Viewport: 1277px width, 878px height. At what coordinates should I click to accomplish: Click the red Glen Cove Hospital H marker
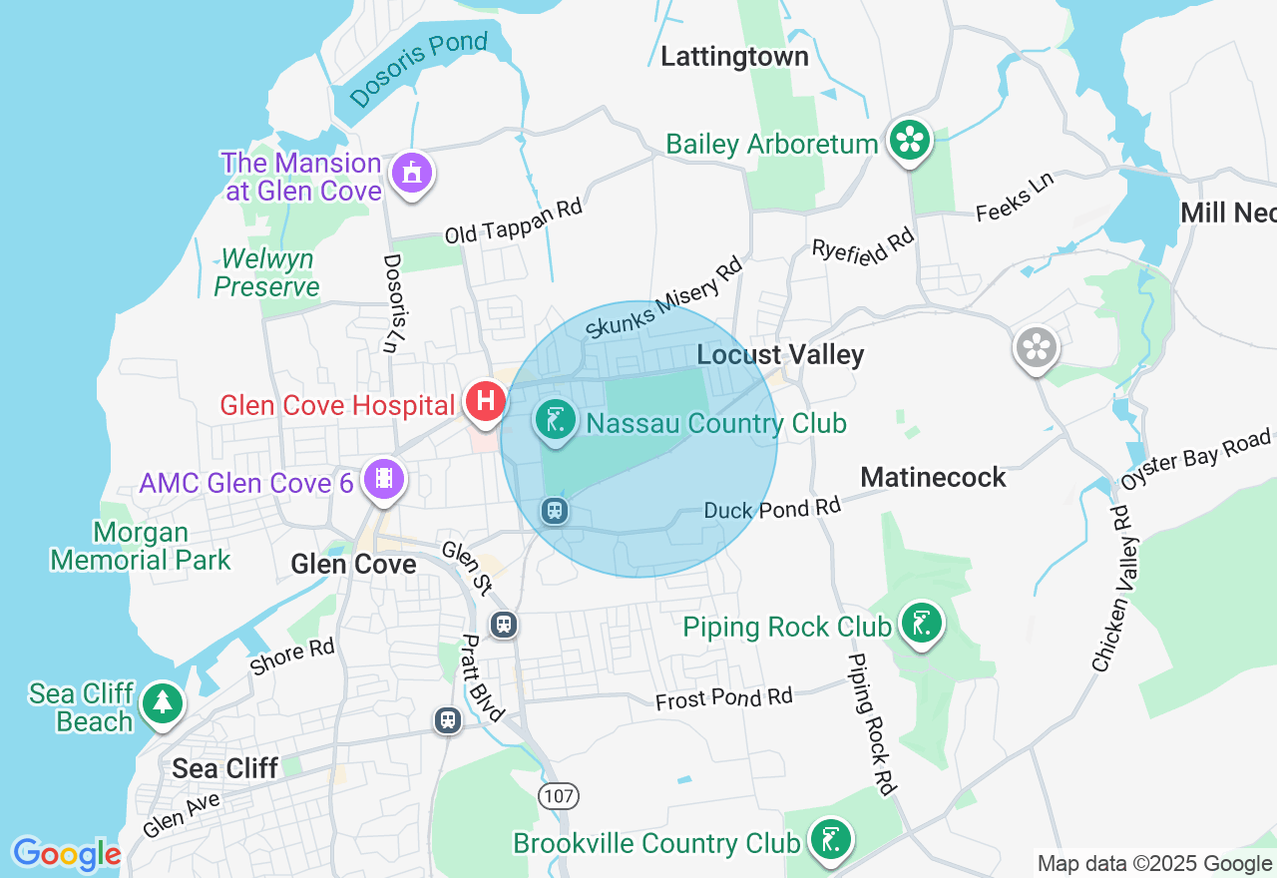(486, 402)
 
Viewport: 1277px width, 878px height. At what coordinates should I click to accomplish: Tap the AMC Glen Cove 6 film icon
(384, 479)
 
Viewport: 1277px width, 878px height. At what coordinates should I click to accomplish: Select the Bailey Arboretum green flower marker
(910, 140)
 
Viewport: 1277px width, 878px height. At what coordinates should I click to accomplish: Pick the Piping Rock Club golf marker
(921, 625)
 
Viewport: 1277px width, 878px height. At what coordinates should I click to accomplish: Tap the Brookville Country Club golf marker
(831, 840)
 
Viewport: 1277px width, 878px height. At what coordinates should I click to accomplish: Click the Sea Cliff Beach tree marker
(162, 703)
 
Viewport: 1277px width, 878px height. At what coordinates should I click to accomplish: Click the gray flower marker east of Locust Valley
(1037, 348)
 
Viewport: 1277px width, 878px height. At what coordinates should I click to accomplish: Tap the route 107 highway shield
(558, 796)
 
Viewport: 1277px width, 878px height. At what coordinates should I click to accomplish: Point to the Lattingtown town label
(734, 57)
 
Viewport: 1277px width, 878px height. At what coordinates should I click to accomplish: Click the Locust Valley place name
(780, 355)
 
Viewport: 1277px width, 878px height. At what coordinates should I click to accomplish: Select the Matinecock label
(933, 478)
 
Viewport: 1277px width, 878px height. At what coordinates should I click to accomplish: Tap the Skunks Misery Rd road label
(664, 297)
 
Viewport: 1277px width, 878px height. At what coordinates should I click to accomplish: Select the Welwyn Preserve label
(266, 273)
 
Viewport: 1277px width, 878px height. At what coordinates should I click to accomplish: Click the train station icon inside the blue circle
(555, 511)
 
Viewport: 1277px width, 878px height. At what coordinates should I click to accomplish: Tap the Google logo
(67, 854)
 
